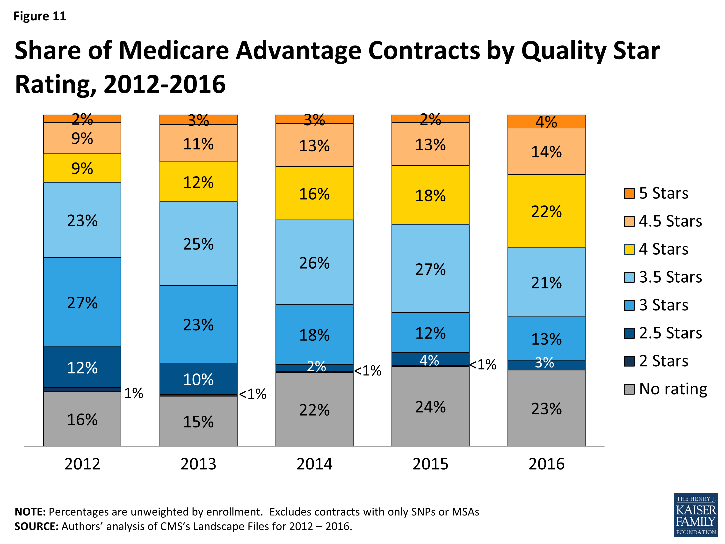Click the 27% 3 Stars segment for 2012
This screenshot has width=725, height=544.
[x=82, y=302]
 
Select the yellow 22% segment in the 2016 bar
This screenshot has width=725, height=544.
[x=546, y=211]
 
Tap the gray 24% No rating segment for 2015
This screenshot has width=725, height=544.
[x=430, y=406]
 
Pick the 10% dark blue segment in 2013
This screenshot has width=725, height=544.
[x=198, y=379]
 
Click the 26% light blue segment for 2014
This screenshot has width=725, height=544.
[x=314, y=262]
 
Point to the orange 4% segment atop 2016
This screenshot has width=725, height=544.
[x=546, y=122]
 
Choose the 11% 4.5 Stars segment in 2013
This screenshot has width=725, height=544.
[x=198, y=143]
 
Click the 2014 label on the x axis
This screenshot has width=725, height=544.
[x=314, y=464]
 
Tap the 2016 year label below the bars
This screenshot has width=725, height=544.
[x=546, y=464]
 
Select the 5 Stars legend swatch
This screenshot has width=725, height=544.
[x=629, y=193]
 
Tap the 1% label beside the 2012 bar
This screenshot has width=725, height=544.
[x=134, y=393]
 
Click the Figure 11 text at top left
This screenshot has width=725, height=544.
[x=40, y=16]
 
